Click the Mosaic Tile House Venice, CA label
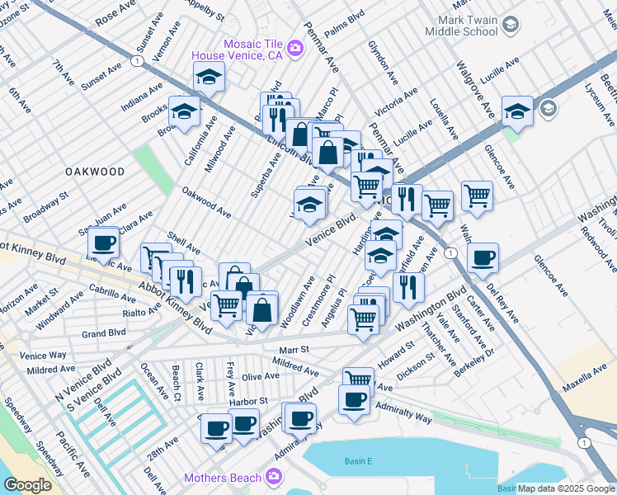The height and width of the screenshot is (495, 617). pyautogui.click(x=237, y=49)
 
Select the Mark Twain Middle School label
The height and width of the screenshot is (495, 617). pyautogui.click(x=461, y=25)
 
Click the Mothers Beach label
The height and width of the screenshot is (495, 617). pyautogui.click(x=223, y=478)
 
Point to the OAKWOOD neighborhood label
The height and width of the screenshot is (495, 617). pyautogui.click(x=94, y=172)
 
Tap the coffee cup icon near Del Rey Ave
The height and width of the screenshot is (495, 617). pyautogui.click(x=483, y=258)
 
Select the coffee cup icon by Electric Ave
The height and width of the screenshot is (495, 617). pyautogui.click(x=104, y=243)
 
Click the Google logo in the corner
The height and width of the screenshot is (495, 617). pyautogui.click(x=26, y=485)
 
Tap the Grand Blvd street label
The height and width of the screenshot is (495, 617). pyautogui.click(x=104, y=333)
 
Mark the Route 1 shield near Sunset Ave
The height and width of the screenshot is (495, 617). pyautogui.click(x=134, y=61)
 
